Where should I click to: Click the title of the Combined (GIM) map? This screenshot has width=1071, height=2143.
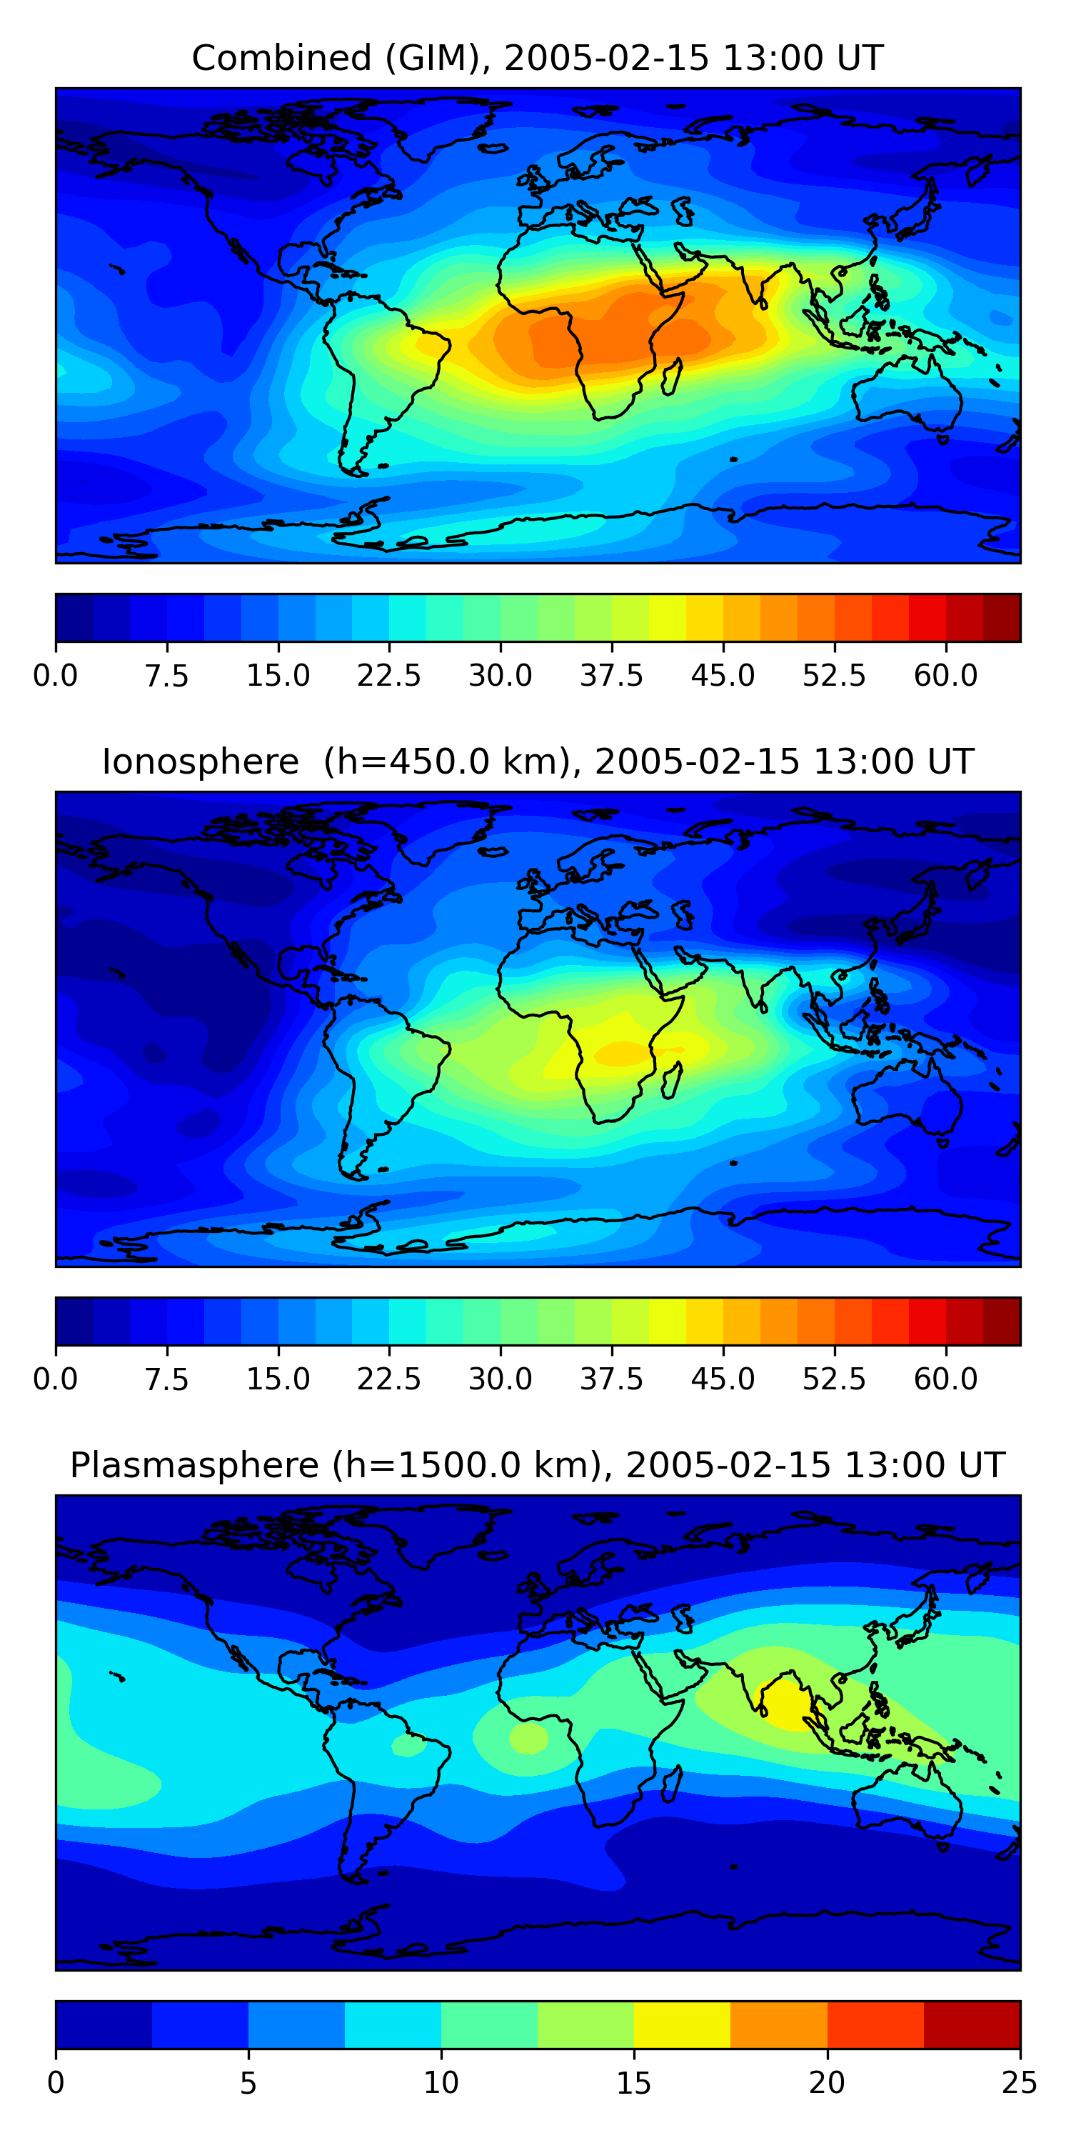click(x=536, y=59)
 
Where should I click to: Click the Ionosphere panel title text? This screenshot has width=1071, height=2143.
click(x=536, y=762)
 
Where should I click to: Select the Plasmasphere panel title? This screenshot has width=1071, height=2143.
click(x=536, y=1465)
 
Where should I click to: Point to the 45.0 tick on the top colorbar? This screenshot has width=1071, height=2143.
click(x=723, y=674)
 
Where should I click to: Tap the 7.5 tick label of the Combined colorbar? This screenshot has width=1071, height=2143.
click(x=166, y=674)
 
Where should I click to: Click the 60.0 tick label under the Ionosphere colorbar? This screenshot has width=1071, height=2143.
click(x=945, y=1379)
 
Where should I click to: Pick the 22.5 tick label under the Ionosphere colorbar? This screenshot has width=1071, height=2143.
click(x=389, y=1379)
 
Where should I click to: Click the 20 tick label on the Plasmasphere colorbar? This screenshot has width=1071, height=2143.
click(x=827, y=2082)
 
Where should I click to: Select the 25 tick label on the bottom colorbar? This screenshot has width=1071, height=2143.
click(x=1020, y=2082)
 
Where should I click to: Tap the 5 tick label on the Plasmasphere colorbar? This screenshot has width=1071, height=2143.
click(x=248, y=2082)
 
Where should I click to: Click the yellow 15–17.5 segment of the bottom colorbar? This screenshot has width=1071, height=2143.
click(x=682, y=2024)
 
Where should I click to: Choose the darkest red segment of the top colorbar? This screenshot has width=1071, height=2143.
click(x=1001, y=617)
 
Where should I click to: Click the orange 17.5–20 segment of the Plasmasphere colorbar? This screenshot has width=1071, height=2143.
click(x=778, y=2024)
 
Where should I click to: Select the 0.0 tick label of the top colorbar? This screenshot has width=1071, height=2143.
click(x=55, y=674)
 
